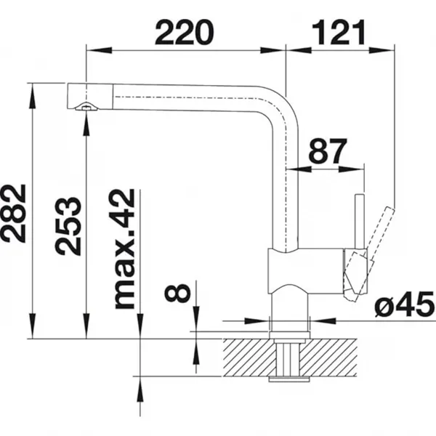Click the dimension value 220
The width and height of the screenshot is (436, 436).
pos(185,33)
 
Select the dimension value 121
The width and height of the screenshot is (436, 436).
pos(339,33)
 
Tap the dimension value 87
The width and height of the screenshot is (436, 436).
pos(328,151)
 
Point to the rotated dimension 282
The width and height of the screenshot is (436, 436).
pos(14,213)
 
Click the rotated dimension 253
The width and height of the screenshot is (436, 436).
pos(68,226)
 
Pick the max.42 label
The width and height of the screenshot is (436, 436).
pos(125,249)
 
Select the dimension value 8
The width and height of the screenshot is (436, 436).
pos(177,293)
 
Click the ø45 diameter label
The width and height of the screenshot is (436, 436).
pos(405,304)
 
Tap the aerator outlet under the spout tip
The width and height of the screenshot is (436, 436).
pos(86,107)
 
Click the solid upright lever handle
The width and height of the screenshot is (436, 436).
pos(360,222)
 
